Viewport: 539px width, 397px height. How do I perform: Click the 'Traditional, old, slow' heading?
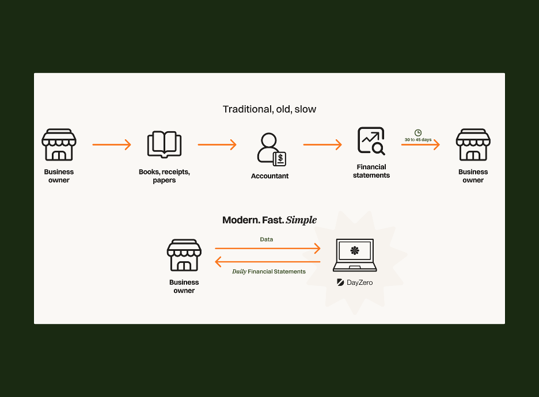[x=269, y=109]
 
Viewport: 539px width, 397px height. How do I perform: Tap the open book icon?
[x=164, y=144]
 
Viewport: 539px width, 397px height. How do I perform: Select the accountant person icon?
[x=271, y=150]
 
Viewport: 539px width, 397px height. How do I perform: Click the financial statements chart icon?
[x=371, y=141]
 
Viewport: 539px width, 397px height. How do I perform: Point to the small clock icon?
[x=418, y=133]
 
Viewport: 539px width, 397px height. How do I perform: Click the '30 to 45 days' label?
[x=418, y=140]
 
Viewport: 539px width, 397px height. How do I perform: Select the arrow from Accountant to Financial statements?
[x=323, y=144]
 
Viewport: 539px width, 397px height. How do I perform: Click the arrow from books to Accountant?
[x=217, y=144]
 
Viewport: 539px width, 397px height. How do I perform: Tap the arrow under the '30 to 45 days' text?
[x=420, y=145]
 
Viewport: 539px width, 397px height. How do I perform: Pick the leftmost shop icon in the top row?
[x=59, y=144]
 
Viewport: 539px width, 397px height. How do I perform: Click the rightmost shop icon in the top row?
[x=473, y=144]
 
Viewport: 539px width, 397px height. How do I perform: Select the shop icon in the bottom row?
[x=184, y=255]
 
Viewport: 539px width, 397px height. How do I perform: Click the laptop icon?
[x=355, y=255]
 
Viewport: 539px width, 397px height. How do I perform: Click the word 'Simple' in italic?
[x=301, y=220]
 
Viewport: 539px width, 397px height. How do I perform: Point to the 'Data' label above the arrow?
[x=267, y=239]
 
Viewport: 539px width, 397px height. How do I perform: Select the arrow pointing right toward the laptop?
[x=268, y=249]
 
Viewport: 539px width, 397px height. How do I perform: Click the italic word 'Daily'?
[x=239, y=272]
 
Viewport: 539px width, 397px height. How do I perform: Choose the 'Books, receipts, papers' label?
[x=164, y=176]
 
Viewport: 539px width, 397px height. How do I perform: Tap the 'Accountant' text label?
[x=269, y=176]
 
